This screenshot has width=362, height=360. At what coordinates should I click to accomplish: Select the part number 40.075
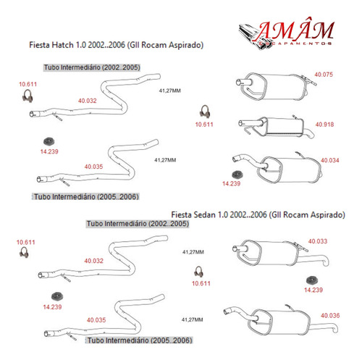pyautogui.click(x=324, y=75)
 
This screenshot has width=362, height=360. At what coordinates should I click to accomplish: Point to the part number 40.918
pyautogui.click(x=324, y=125)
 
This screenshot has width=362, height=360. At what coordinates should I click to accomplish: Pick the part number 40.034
pyautogui.click(x=330, y=160)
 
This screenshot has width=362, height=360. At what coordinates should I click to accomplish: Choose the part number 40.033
pyautogui.click(x=318, y=241)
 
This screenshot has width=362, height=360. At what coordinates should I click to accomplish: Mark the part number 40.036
pyautogui.click(x=330, y=315)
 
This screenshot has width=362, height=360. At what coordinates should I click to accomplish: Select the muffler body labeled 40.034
pyautogui.click(x=290, y=169)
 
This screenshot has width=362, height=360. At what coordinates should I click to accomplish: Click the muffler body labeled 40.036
pyautogui.click(x=279, y=322)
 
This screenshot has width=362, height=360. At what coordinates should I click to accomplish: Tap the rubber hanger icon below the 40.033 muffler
pyautogui.click(x=312, y=280)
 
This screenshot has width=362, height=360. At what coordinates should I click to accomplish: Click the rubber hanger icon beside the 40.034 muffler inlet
pyautogui.click(x=237, y=175)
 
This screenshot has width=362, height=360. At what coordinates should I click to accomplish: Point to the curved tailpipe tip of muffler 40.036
pyautogui.click(x=335, y=329)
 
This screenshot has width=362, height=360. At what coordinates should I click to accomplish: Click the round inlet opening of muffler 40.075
pyautogui.click(x=238, y=82)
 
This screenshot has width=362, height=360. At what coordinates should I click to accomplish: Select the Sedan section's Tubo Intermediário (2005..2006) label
pyautogui.click(x=140, y=340)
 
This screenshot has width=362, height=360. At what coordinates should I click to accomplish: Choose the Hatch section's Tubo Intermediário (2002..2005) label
pyautogui.click(x=92, y=67)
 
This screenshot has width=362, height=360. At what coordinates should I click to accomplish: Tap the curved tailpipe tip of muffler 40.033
pyautogui.click(x=326, y=261)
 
